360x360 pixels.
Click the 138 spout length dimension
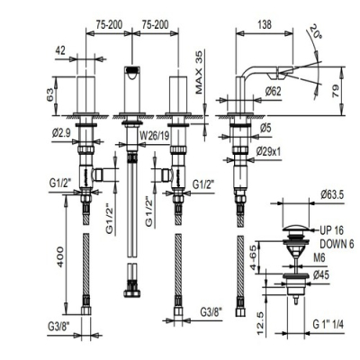click(x=265, y=24)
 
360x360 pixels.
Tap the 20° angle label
click(x=316, y=32)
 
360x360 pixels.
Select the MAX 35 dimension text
click(x=198, y=71)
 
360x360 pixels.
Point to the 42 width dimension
click(x=60, y=50)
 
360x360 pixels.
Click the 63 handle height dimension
click(x=50, y=95)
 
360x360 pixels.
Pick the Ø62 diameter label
click(x=273, y=91)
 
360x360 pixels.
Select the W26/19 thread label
click(x=155, y=136)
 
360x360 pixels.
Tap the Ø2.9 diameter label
click(x=61, y=133)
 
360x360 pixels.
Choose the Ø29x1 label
click(x=269, y=152)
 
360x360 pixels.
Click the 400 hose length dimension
click(x=59, y=256)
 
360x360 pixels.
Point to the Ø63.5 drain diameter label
click(x=332, y=195)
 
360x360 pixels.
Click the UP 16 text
click(x=331, y=230)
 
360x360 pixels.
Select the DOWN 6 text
click(x=337, y=244)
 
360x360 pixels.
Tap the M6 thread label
click(x=319, y=258)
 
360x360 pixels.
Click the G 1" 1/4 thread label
click(x=328, y=324)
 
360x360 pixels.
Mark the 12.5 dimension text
click(x=260, y=323)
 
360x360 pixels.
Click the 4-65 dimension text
click(x=254, y=257)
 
